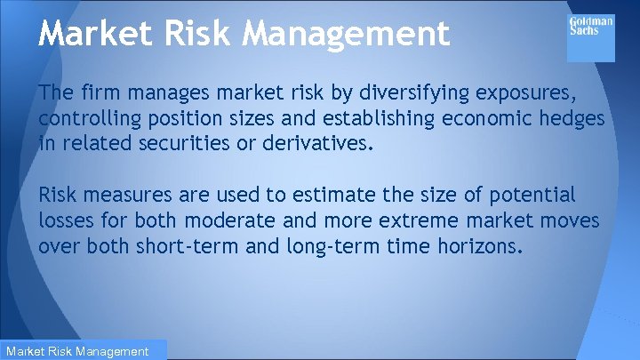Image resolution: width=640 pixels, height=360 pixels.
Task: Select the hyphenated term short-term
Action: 187,244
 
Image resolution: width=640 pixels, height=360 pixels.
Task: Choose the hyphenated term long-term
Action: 334,244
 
